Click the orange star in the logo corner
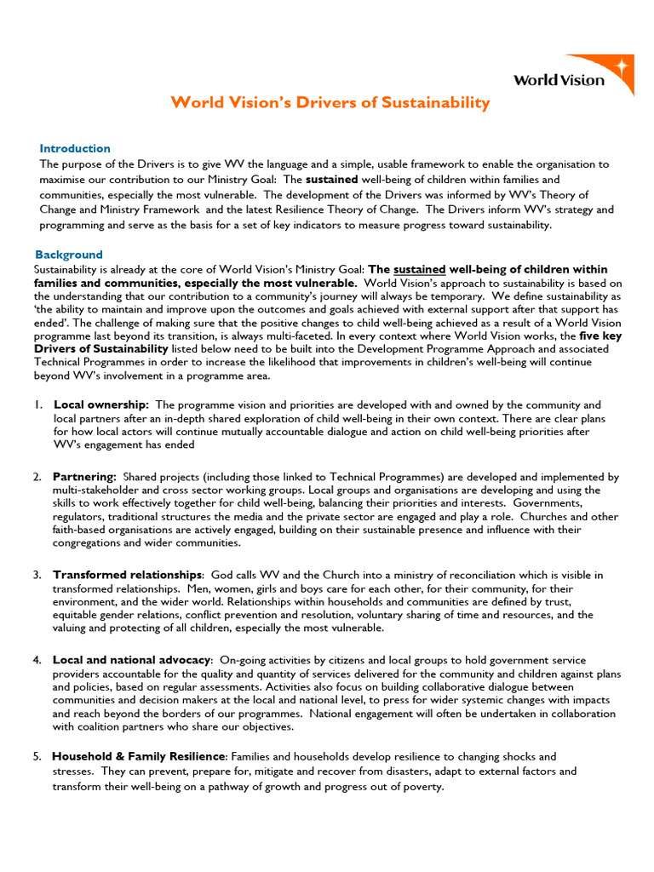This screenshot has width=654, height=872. (622, 67)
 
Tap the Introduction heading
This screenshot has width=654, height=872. (75, 148)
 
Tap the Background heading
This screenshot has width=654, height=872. (69, 255)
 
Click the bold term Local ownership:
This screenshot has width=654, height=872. (101, 404)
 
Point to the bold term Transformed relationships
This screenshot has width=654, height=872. (128, 575)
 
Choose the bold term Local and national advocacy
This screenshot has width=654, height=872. (132, 660)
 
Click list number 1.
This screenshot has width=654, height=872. (38, 404)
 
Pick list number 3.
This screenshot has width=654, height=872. (37, 575)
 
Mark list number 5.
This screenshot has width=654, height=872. (37, 756)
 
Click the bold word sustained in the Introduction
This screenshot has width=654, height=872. (332, 180)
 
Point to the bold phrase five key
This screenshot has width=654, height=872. (603, 336)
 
